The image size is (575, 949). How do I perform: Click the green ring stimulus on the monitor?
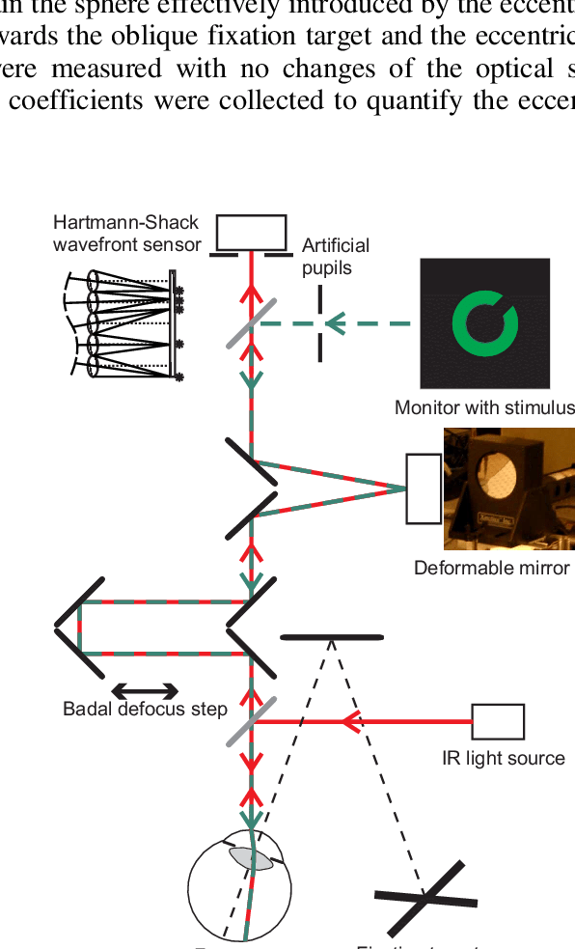pos(485,322)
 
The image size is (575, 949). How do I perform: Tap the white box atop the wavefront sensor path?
pos(251,232)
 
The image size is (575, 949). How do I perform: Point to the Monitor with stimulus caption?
pos(484,407)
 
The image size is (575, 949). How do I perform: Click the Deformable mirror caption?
pos(491,568)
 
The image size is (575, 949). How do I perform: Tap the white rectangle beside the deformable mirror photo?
pos(424,488)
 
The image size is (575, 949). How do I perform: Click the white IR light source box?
pos(498,721)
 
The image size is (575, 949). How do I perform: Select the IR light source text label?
pos(504,758)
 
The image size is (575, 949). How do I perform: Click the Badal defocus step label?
pos(145,710)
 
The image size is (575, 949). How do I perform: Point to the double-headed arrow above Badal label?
pos(145,689)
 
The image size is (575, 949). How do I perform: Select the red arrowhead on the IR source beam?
pos(353,721)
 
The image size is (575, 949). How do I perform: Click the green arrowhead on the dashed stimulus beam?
pos(335,324)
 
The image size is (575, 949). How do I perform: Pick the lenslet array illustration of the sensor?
pos(121,324)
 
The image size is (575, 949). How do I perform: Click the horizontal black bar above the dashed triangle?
pos(331,637)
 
